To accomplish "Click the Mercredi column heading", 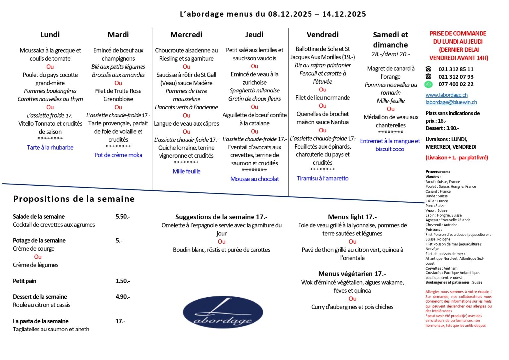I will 186,35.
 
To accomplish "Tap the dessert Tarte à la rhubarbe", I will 50,147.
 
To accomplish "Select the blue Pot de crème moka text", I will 118,155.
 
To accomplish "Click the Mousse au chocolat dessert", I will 254,179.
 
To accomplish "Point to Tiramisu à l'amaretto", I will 322,178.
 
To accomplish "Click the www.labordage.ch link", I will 446,95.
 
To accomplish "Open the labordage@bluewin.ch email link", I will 451,102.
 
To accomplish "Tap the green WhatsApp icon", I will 428,84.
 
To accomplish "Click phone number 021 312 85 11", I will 456,69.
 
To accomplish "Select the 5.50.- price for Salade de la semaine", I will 123,217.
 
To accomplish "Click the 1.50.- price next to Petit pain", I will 123,281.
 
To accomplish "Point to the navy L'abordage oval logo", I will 222,312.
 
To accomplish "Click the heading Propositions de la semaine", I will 74,199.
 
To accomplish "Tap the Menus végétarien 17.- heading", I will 352,274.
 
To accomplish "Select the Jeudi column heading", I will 254,35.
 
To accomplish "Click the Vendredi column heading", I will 322,35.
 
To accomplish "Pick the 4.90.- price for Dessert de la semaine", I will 123,297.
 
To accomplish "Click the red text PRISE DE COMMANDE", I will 458,34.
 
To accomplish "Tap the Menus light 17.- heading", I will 352,217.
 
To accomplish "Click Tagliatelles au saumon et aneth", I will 51,329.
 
